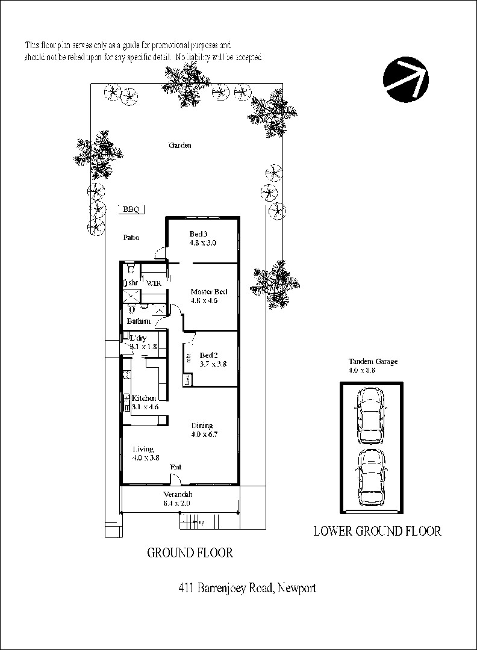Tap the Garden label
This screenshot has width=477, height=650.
[180, 145]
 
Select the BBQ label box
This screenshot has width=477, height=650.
[131, 209]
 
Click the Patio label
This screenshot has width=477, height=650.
[131, 238]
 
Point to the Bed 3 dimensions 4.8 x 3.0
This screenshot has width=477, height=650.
[202, 243]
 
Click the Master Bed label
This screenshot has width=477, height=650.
[208, 292]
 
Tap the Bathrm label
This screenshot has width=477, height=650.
[138, 321]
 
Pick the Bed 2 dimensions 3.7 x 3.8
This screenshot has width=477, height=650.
[213, 364]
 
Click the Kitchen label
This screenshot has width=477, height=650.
[145, 398]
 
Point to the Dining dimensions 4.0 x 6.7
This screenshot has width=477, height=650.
[202, 434]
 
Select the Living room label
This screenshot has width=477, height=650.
[143, 449]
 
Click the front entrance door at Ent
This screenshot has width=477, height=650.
[175, 480]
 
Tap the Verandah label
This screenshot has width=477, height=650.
[176, 495]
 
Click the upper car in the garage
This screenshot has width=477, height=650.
[370, 414]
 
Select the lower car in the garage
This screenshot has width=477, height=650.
[370, 477]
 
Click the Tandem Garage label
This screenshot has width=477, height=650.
[373, 362]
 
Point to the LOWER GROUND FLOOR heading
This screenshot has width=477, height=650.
[377, 531]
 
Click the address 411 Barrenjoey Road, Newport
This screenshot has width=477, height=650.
[248, 588]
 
